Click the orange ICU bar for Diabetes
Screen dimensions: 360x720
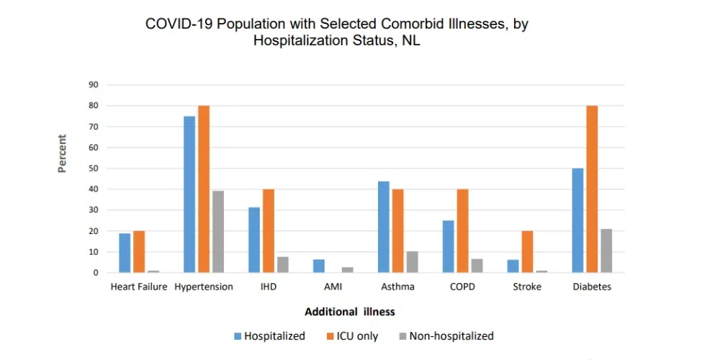tap(592, 189)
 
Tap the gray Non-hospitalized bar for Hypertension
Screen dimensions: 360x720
tap(218, 232)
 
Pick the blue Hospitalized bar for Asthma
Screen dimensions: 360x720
tap(384, 227)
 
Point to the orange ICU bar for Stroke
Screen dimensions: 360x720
tap(528, 252)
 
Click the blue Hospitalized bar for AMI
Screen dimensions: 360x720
tap(319, 266)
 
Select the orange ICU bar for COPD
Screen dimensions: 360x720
tap(463, 231)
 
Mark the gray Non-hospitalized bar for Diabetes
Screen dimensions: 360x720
tap(606, 251)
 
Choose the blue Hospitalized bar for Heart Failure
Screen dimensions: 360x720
tap(125, 253)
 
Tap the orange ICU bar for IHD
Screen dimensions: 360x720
tap(269, 231)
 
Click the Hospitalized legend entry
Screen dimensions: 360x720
tap(269, 336)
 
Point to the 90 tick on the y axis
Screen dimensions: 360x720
tap(94, 85)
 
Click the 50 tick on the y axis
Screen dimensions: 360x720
tap(94, 168)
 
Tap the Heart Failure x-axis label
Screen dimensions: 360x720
tap(139, 287)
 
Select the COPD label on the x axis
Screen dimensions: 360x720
tap(463, 287)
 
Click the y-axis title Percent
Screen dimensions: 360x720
tap(63, 153)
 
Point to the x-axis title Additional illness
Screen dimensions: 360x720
tap(350, 312)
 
